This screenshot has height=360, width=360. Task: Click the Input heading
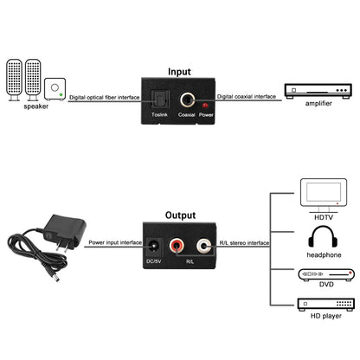click(179, 73)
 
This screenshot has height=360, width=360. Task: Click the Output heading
click(180, 215)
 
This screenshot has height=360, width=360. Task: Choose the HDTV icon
click(322, 196)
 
